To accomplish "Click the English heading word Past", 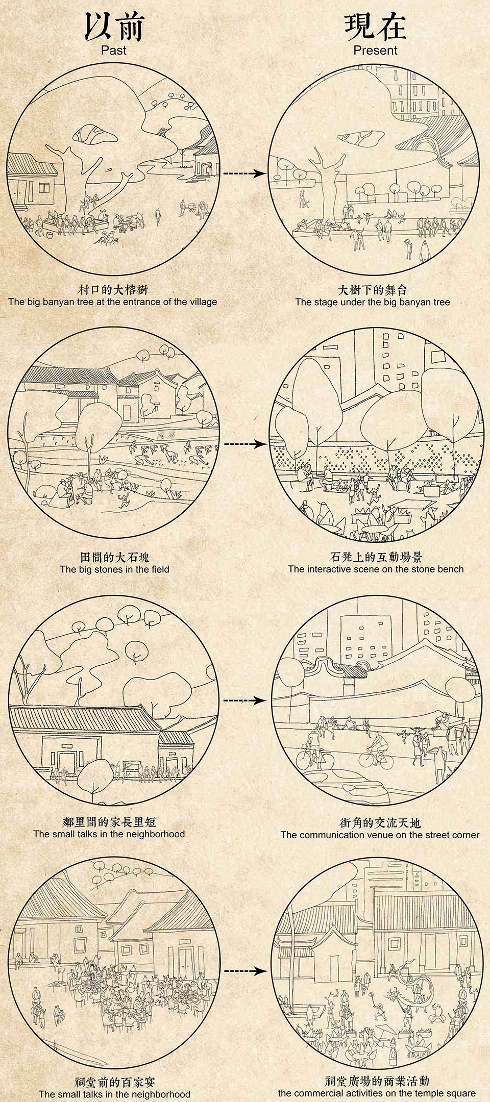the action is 113,50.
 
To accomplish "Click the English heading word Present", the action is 375,50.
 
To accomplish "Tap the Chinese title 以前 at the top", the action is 114,27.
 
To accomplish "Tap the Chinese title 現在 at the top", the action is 375,27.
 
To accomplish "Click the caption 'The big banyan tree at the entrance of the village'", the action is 113,302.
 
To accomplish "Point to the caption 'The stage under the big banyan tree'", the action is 373,302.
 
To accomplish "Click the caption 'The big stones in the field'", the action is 114,569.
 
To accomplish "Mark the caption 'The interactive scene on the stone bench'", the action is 376,569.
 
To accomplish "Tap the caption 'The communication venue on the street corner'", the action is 380,835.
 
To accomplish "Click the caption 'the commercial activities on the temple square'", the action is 377,1093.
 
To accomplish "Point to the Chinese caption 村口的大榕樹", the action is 113,289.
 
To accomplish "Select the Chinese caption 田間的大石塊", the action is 114,557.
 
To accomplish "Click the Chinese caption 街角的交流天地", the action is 380,823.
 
